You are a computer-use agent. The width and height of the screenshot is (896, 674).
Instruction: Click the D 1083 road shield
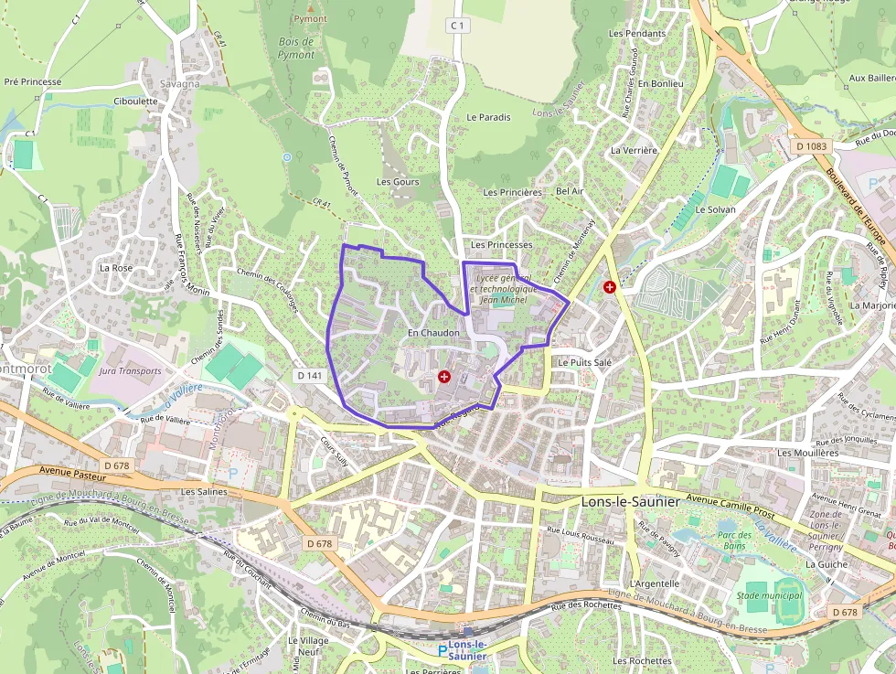(810, 145)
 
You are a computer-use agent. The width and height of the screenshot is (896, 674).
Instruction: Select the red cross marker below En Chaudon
(444, 376)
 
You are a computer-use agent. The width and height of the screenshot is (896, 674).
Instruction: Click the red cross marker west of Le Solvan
(609, 286)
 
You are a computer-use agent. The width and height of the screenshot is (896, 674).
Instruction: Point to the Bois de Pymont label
(296, 48)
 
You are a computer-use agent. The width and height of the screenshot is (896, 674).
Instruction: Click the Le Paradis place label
(488, 117)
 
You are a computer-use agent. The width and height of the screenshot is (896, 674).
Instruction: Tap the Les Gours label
(398, 182)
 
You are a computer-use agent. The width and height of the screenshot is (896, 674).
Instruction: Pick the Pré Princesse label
(33, 81)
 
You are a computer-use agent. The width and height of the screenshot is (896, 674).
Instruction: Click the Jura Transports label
(129, 371)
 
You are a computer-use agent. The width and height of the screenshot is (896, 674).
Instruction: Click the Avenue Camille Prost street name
(728, 499)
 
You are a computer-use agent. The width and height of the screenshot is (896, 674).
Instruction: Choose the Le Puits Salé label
(584, 362)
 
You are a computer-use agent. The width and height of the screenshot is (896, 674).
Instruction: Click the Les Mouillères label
(807, 452)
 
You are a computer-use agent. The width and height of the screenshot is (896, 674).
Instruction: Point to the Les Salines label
(203, 491)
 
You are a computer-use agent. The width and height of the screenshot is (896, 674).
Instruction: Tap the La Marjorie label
(872, 305)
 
